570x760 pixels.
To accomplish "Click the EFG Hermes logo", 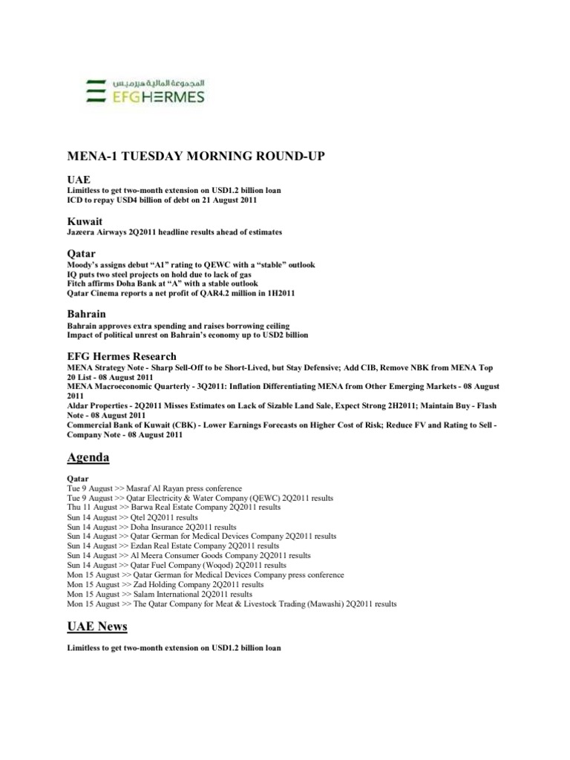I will click(145, 90).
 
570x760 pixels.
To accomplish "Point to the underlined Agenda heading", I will click(88, 458).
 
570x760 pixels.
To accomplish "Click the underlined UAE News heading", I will click(97, 627).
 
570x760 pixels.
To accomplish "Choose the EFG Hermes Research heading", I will click(122, 356).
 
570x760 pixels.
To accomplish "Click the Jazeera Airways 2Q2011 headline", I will click(174, 232).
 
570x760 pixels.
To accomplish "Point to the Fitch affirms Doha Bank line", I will click(163, 284).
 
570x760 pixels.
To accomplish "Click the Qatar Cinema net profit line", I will click(181, 293).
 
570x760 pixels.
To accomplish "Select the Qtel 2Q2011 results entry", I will click(133, 517).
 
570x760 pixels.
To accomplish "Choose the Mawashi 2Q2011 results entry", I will click(232, 604).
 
